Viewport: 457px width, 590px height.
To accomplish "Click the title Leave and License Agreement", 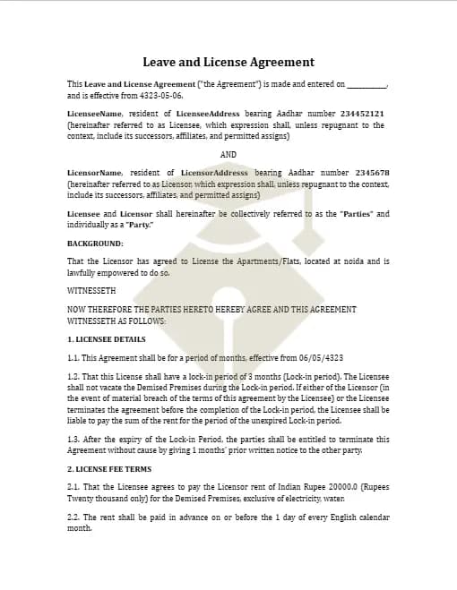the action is tap(228, 63).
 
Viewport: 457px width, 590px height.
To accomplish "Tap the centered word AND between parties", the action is tap(228, 154).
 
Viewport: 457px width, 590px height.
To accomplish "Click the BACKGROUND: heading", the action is tap(95, 244).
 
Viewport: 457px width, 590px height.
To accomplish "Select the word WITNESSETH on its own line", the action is tap(91, 291).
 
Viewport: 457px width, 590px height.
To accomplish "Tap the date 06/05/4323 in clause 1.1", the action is tap(317, 357).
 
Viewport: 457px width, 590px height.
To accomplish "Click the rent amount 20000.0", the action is tap(322, 487).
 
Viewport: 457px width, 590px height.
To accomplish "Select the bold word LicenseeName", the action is tap(95, 115).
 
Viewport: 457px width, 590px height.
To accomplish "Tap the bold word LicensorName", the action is tap(95, 173).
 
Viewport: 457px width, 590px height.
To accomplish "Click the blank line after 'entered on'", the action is tap(366, 85).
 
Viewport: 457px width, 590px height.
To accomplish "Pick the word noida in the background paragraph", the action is tap(348, 261).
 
